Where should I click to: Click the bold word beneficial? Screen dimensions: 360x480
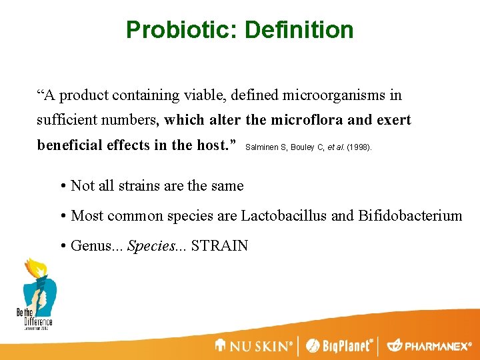coord(69,145)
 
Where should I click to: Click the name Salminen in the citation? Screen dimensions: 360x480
coord(264,146)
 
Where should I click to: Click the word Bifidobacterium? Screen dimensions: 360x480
coord(409,215)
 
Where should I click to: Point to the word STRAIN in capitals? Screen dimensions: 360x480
coord(219,245)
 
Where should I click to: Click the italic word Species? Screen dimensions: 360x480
coord(149,245)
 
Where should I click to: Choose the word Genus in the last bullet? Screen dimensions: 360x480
coord(91,245)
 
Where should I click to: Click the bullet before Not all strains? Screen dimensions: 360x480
coord(63,186)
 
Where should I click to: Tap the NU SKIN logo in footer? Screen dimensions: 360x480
coord(254,346)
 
